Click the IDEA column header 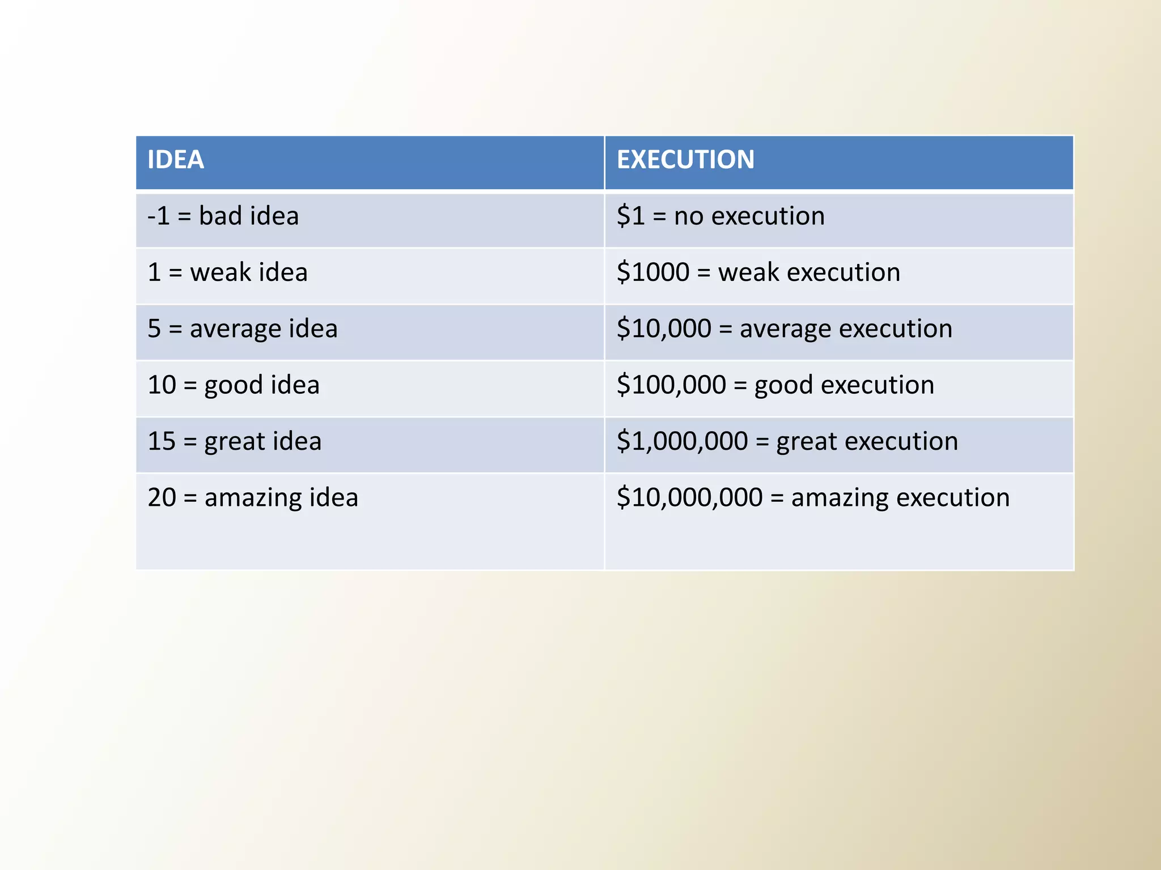click(175, 160)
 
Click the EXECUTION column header click(685, 160)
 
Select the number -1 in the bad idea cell click(158, 216)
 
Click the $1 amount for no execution click(630, 216)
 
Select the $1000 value click(652, 272)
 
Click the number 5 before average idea click(154, 329)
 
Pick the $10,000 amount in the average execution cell click(663, 329)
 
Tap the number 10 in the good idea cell click(162, 385)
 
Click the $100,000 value click(671, 385)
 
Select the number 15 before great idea click(162, 441)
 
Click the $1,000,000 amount click(682, 441)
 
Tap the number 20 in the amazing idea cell click(162, 497)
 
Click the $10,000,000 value click(689, 497)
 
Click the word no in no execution click(688, 216)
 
